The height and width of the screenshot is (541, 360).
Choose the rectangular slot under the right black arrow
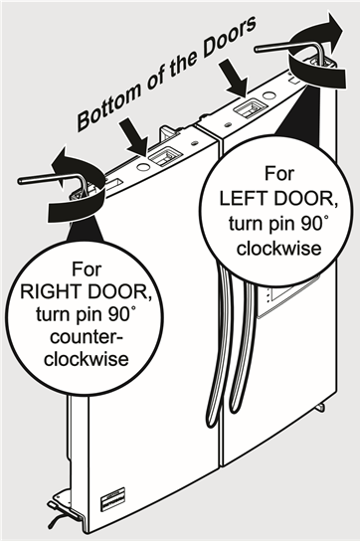[x=250, y=105]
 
